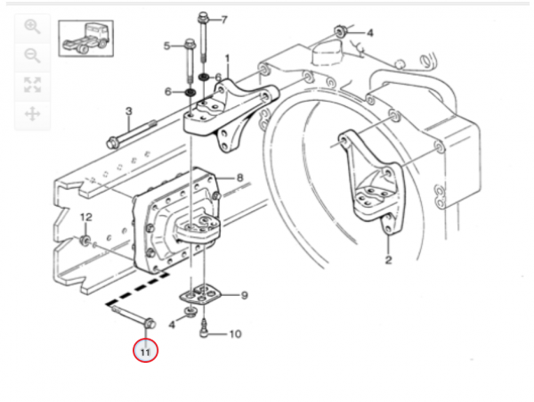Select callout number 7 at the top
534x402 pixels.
click(223, 19)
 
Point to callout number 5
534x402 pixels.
click(166, 45)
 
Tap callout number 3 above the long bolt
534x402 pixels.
click(128, 111)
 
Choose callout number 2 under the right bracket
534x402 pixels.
click(388, 260)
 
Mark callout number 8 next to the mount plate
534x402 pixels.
click(239, 177)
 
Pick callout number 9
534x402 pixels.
click(244, 295)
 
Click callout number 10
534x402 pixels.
click(235, 335)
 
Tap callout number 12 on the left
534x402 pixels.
click(86, 217)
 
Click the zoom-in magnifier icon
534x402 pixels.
click(33, 27)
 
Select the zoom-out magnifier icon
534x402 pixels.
click(33, 55)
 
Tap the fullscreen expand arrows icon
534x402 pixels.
click(33, 85)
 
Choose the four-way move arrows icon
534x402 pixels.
click(33, 113)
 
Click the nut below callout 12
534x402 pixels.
click(84, 240)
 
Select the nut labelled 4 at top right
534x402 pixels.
click(341, 34)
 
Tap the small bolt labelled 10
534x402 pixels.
click(206, 334)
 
